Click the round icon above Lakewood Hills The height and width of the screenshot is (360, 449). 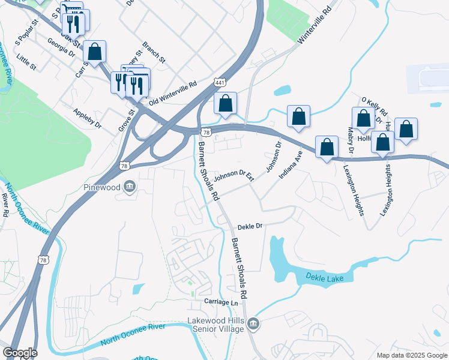[x=253, y=325]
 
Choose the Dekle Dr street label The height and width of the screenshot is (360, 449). [x=250, y=227]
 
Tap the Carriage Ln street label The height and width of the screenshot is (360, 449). [x=221, y=302]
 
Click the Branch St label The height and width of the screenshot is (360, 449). [x=154, y=52]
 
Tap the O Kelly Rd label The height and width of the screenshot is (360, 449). [x=375, y=107]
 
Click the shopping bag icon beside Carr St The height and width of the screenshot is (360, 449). [x=95, y=52]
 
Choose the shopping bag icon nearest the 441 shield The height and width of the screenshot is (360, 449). [x=225, y=103]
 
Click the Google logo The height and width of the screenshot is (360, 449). [x=19, y=353]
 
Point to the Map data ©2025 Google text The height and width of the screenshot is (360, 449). [x=411, y=355]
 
